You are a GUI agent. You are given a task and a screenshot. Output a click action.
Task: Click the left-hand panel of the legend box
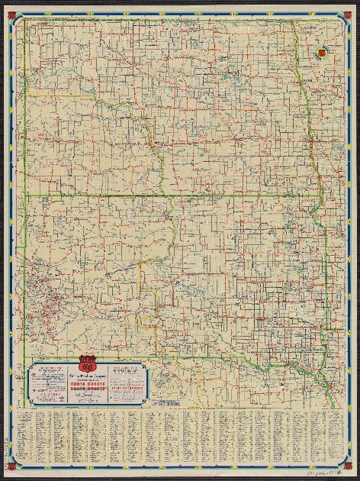click(47, 381)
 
